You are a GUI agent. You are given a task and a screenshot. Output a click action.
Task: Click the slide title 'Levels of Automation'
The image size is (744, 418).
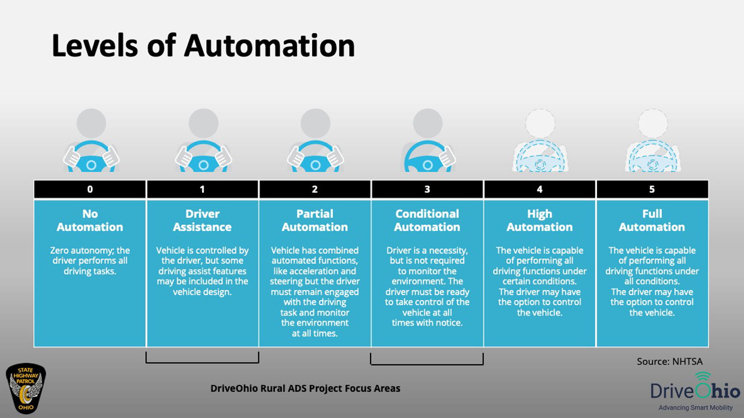(203, 46)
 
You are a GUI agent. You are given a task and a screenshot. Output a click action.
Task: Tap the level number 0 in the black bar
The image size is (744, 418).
(90, 189)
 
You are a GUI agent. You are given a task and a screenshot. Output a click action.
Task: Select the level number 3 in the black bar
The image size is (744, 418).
(427, 189)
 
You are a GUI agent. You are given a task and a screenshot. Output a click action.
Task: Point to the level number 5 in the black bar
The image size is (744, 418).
(652, 189)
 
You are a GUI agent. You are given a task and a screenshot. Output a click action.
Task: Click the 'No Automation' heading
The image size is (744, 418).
(90, 220)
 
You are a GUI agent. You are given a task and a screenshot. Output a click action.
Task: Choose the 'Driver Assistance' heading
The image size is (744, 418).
(202, 220)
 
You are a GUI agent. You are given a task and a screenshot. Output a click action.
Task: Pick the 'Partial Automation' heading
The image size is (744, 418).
(315, 220)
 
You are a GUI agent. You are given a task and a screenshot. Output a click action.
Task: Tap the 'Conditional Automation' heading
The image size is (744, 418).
(427, 220)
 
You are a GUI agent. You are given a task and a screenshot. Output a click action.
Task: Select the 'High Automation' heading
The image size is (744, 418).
(539, 220)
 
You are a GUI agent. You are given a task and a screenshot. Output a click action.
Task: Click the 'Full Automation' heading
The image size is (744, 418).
(652, 220)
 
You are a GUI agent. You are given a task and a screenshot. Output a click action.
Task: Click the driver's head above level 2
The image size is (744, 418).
(315, 123)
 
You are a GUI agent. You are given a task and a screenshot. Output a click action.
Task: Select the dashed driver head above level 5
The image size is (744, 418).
(653, 123)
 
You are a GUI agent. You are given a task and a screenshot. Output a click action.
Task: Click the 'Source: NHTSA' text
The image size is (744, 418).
(669, 361)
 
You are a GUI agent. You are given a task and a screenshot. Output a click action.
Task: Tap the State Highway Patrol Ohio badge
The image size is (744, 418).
(26, 388)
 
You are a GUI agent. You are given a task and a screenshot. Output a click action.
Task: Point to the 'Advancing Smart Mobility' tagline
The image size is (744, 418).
(695, 408)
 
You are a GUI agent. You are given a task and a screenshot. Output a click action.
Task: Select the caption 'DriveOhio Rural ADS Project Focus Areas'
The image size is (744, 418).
(305, 388)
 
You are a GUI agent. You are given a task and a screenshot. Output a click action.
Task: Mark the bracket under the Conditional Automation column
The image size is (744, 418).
(427, 363)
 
